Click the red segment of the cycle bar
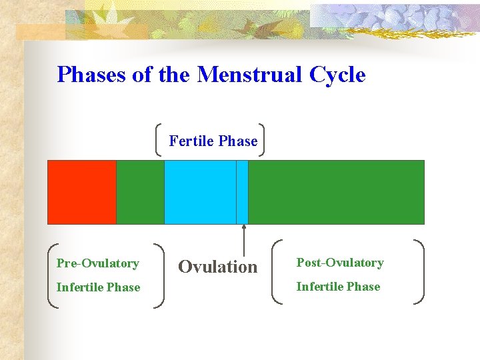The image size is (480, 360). click(x=81, y=192)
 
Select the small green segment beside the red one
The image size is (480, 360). click(x=140, y=192)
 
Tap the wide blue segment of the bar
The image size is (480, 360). click(x=200, y=192)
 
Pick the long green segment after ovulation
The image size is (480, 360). click(x=336, y=192)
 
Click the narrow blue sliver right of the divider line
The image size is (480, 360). click(x=242, y=192)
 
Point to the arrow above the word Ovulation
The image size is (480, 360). click(x=244, y=240)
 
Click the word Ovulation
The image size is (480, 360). click(x=217, y=267)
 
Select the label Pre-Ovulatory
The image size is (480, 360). click(x=98, y=263)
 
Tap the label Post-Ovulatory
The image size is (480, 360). click(x=340, y=263)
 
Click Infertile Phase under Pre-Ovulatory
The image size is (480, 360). click(x=98, y=287)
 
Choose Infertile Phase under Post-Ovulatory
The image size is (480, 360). click(x=338, y=287)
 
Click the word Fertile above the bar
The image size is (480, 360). click(x=191, y=141)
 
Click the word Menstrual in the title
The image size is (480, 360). click(x=250, y=74)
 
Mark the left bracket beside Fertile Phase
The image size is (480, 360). click(x=159, y=139)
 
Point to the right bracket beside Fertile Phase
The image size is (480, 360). click(x=261, y=139)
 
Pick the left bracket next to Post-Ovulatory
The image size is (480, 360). click(x=278, y=272)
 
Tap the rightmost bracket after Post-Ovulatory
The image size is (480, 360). click(x=421, y=272)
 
